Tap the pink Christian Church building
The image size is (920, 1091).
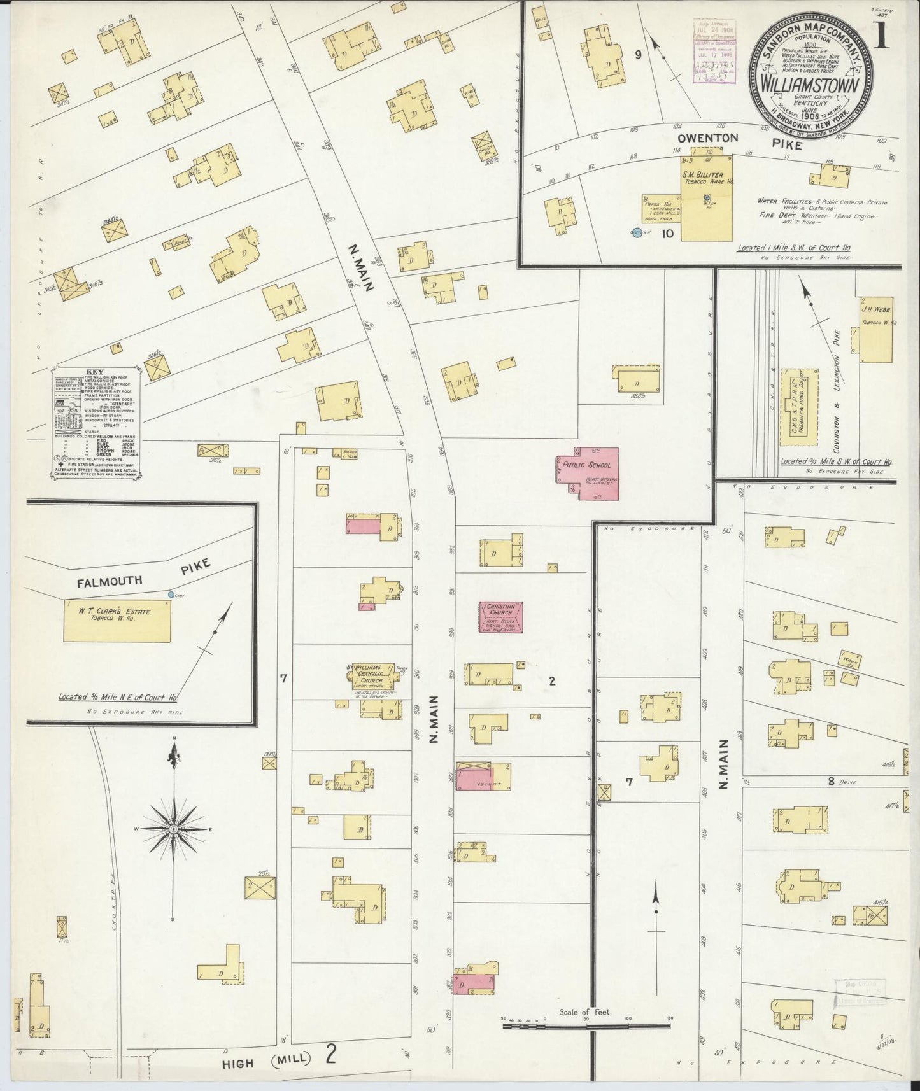pos(501,617)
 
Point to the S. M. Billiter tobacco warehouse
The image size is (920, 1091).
pos(707,198)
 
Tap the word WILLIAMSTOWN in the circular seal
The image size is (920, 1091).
pos(809,85)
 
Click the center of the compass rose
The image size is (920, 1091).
pos(173,830)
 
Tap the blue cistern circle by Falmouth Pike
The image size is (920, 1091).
pos(171,595)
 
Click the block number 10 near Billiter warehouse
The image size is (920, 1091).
pos(667,234)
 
